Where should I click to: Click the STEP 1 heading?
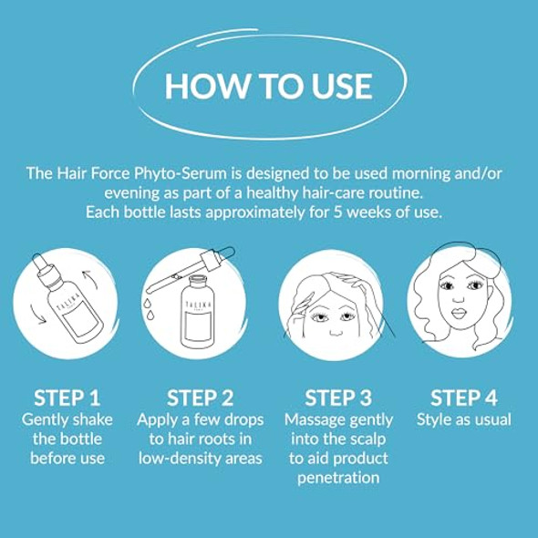(67, 398)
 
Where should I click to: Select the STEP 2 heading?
(200, 398)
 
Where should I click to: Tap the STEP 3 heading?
(338, 398)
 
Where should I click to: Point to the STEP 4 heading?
(464, 398)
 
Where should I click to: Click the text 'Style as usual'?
(464, 420)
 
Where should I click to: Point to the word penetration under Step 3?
(338, 478)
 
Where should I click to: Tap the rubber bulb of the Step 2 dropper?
(227, 253)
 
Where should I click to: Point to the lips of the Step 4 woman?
(458, 314)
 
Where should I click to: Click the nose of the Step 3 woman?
(336, 331)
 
